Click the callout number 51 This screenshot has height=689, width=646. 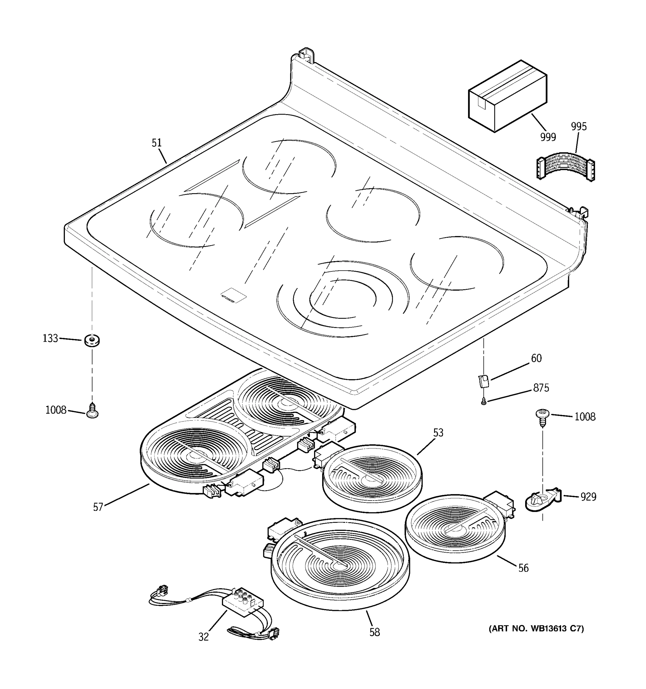pos(157,143)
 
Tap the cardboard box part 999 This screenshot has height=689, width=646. pos(507,96)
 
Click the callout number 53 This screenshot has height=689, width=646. pos(438,433)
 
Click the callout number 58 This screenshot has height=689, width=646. pos(375,632)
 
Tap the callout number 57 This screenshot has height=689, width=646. pos(98,507)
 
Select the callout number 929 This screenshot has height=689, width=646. pos(588,497)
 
